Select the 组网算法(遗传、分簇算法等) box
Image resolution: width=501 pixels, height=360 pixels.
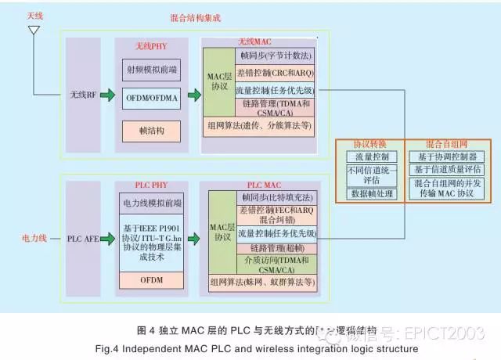pos(258,125)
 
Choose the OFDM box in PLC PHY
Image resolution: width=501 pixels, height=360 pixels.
pos(152,279)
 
